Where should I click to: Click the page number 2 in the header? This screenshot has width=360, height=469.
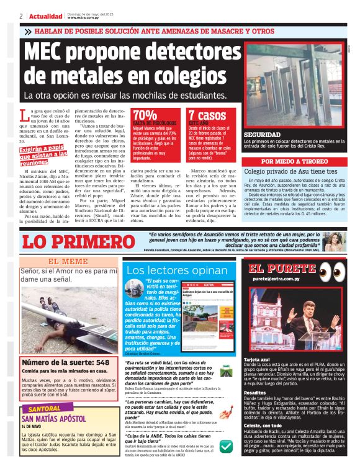point(21,16)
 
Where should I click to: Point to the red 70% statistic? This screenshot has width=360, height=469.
point(145,115)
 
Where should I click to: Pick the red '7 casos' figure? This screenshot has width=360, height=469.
point(207,115)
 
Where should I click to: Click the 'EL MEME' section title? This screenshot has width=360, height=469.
point(68,261)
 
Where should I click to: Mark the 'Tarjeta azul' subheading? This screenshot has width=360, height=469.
point(258,359)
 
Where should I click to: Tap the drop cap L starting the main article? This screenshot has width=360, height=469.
point(24,115)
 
